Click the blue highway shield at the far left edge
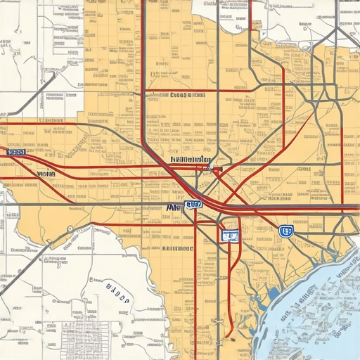pyautogui.click(x=15, y=151)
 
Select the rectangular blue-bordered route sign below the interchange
pyautogui.click(x=229, y=235)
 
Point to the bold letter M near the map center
pyautogui.click(x=174, y=207)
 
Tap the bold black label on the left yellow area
pyautogui.click(x=46, y=172)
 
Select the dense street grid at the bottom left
pyautogui.click(x=91, y=337)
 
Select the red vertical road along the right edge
pyautogui.click(x=342, y=162)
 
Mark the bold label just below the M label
pyautogui.click(x=177, y=248)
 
